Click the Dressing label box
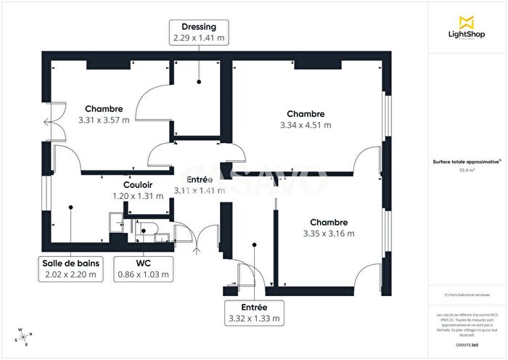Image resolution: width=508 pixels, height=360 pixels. tap(198, 32)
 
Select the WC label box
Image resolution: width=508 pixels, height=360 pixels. tap(143, 269)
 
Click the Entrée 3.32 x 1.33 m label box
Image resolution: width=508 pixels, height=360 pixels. tap(253, 313)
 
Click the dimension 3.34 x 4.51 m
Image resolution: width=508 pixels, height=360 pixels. tap(306, 125)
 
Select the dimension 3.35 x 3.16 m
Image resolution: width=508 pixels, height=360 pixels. tap(328, 234)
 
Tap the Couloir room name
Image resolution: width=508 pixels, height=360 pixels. tap(127, 185)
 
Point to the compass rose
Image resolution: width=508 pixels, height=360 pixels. tap(22, 336)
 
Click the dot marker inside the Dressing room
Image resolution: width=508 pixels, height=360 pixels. tap(198, 82)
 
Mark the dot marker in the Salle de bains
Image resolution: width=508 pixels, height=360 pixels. tap(70, 208)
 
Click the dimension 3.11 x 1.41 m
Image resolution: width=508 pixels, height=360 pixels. tap(199, 190)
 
